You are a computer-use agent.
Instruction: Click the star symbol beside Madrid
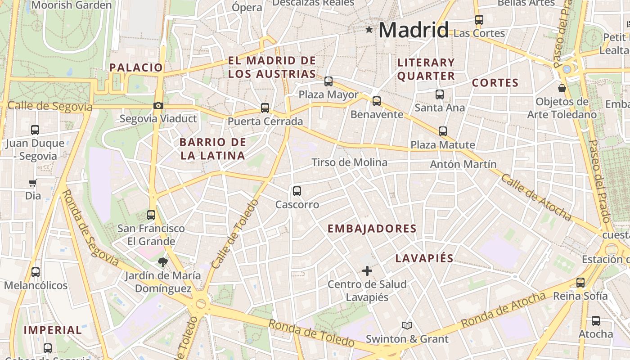click(369, 30)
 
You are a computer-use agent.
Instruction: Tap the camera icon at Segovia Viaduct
click(158, 106)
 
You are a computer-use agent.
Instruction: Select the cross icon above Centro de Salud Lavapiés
click(367, 271)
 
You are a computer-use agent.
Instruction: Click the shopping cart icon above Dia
click(32, 183)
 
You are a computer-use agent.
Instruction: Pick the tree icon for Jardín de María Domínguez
click(162, 262)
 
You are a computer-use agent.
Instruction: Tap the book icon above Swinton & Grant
click(407, 325)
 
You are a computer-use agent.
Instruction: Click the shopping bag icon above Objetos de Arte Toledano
click(562, 88)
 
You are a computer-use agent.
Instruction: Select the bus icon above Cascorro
click(297, 191)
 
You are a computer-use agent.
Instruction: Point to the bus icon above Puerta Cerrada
click(265, 108)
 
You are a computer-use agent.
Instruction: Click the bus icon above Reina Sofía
click(580, 283)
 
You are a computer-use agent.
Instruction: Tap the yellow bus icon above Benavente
click(377, 101)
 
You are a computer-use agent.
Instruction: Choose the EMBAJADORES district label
click(372, 229)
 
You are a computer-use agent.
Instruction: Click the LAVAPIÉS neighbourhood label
click(424, 258)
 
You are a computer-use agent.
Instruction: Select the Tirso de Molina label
click(349, 162)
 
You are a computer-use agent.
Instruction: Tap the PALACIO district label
click(136, 67)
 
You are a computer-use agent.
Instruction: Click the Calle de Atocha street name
click(536, 198)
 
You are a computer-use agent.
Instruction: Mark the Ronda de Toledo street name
click(311, 333)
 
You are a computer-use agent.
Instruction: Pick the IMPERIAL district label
click(53, 330)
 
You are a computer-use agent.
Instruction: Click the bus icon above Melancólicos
click(36, 272)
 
